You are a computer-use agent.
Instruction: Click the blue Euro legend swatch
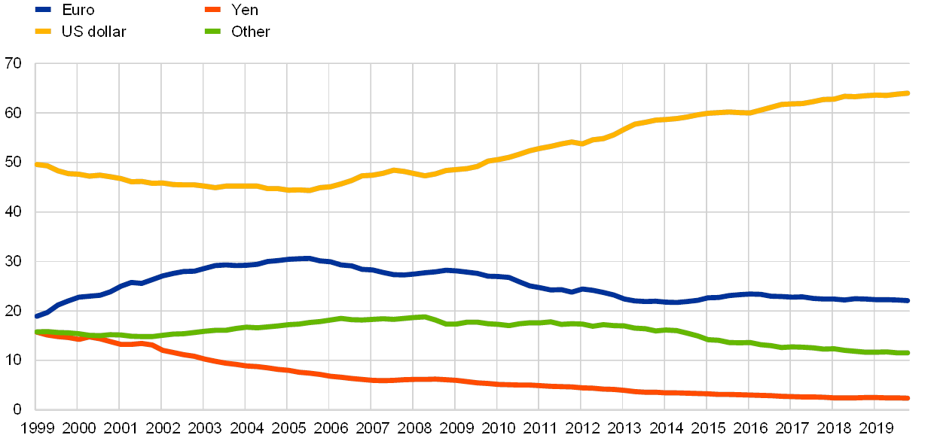(x=44, y=9)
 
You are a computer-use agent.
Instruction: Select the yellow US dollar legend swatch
(x=44, y=31)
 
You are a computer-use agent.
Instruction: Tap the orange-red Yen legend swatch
(x=213, y=9)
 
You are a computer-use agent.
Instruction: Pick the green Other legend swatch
(x=213, y=31)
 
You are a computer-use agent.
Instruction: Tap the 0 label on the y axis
(x=17, y=410)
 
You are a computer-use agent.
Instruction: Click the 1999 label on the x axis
(x=35, y=428)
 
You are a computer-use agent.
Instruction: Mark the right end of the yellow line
(x=908, y=93)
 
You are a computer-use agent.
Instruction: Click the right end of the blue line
(x=908, y=300)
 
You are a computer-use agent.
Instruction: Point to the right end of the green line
(x=908, y=352)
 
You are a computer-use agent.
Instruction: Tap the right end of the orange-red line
(x=908, y=398)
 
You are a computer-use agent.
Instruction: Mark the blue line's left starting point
(x=36, y=316)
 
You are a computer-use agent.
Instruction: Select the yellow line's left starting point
(x=36, y=164)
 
